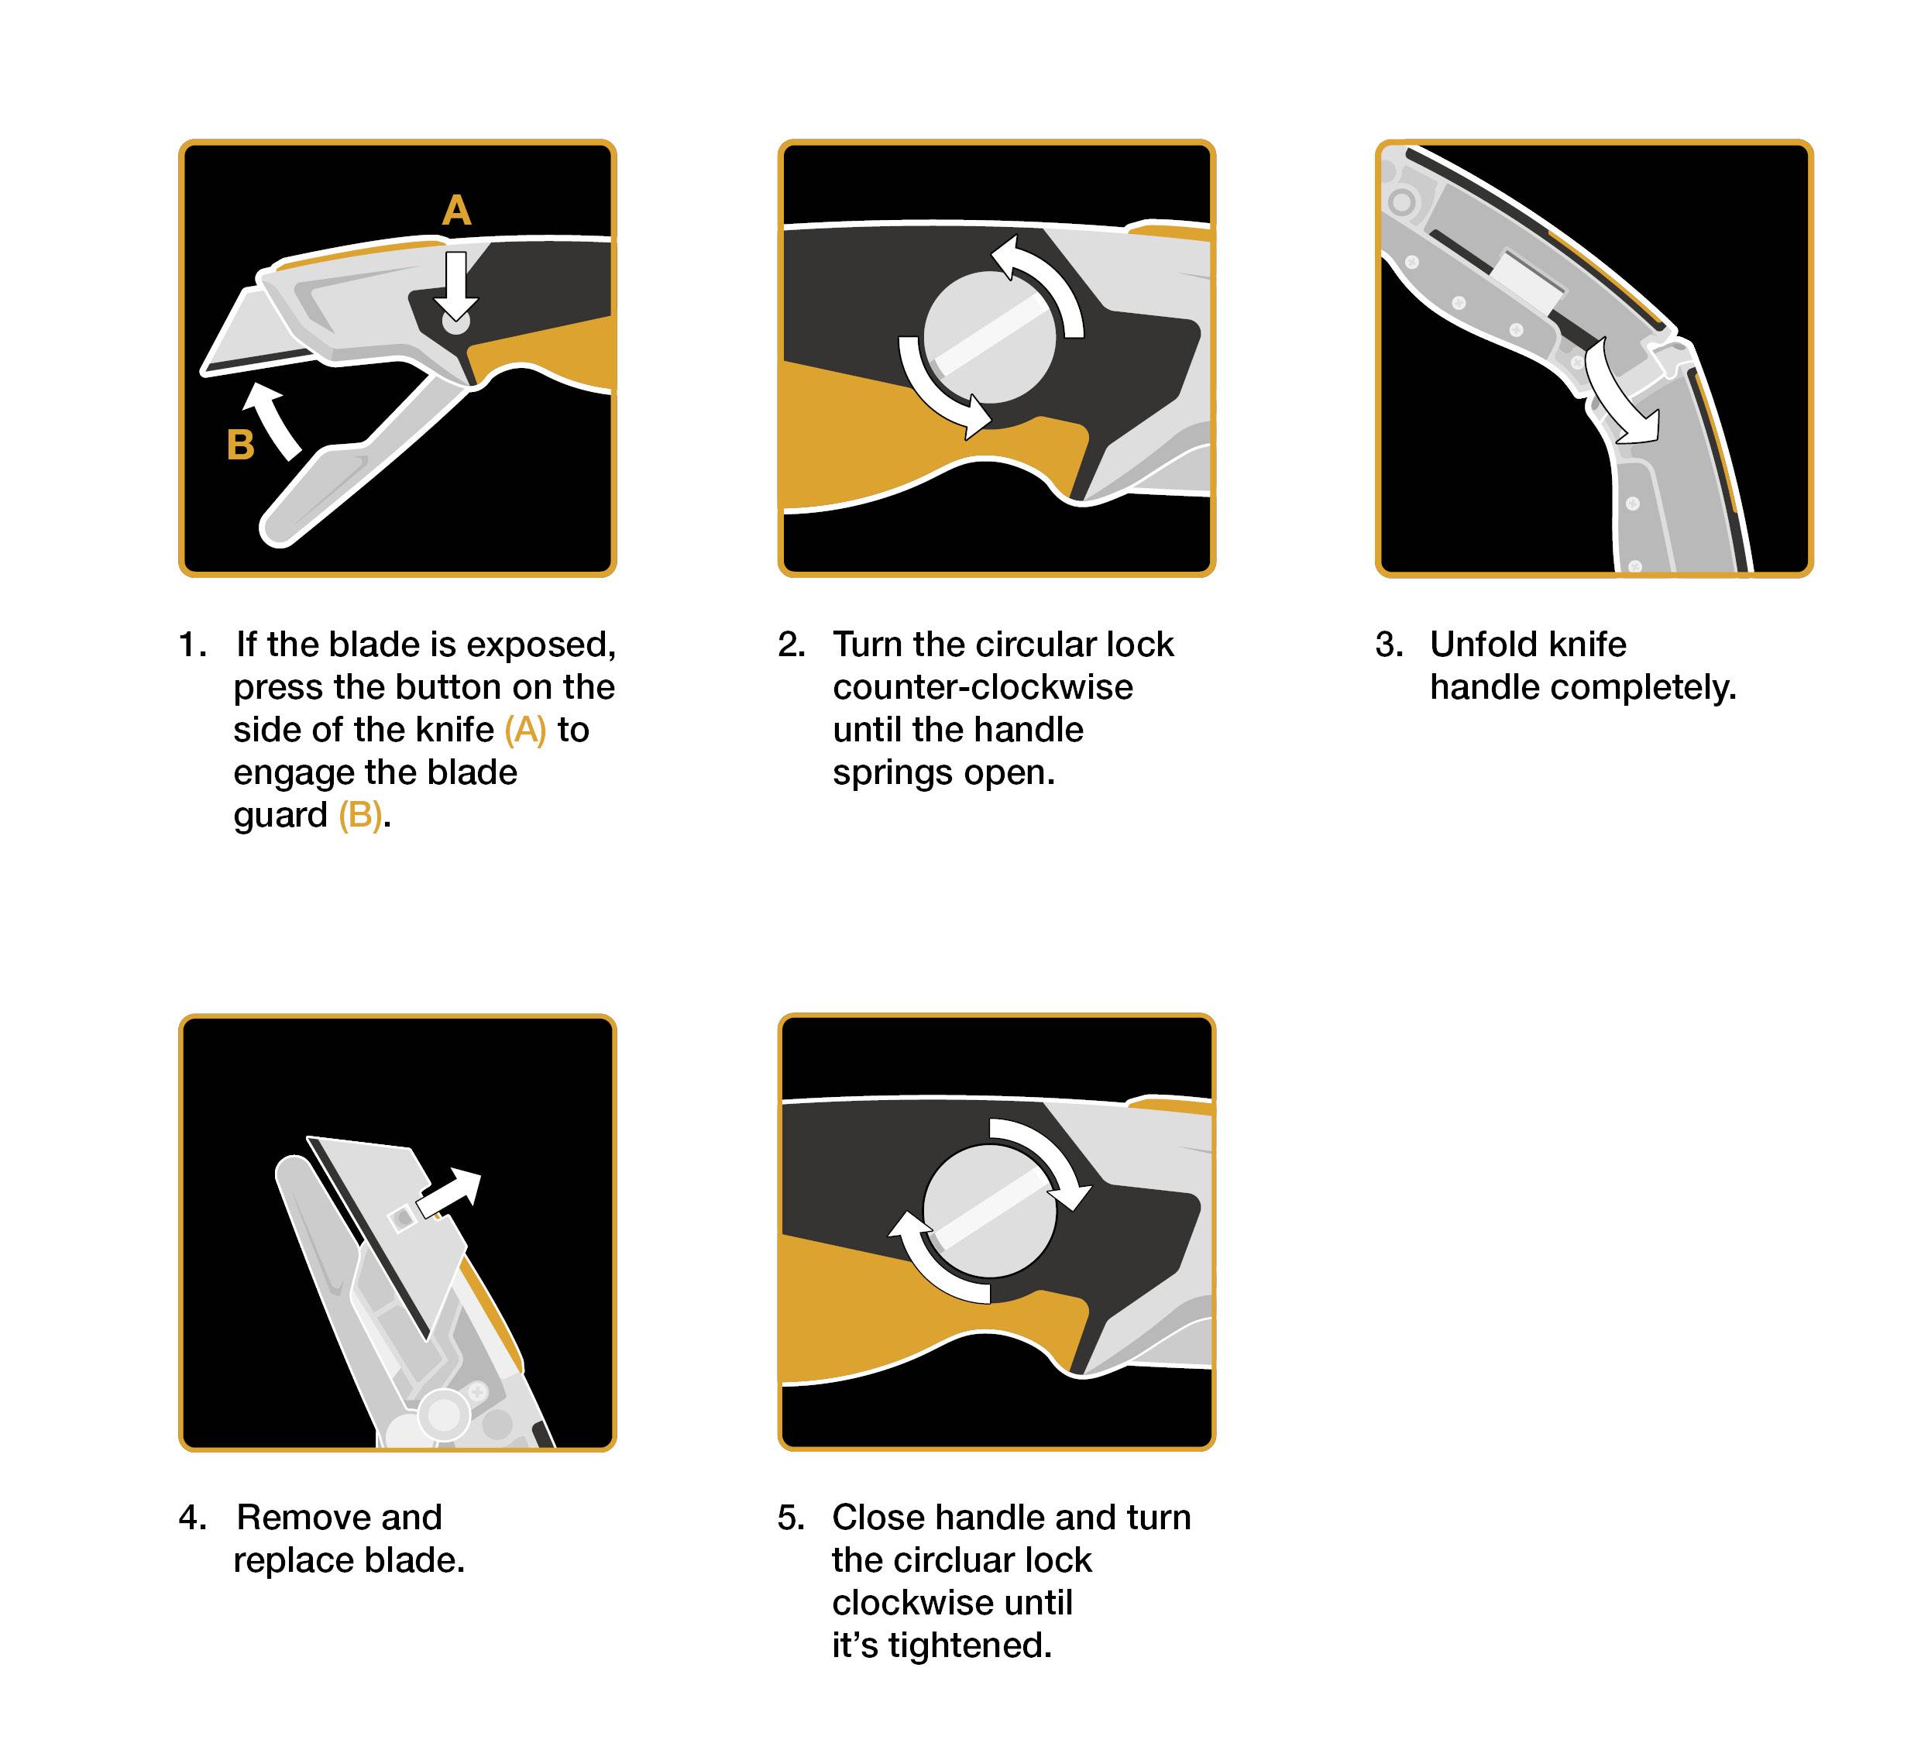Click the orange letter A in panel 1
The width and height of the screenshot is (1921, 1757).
tap(456, 211)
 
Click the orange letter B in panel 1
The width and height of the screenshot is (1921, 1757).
tap(240, 445)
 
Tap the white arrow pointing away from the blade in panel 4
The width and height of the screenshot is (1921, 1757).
tap(450, 1193)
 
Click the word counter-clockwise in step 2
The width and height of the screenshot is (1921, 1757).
tap(982, 687)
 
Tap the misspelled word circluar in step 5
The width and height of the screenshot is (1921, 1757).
tap(981, 1559)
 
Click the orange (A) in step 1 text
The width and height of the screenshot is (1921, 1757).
tap(525, 730)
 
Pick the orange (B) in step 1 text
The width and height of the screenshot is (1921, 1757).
tap(360, 816)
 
